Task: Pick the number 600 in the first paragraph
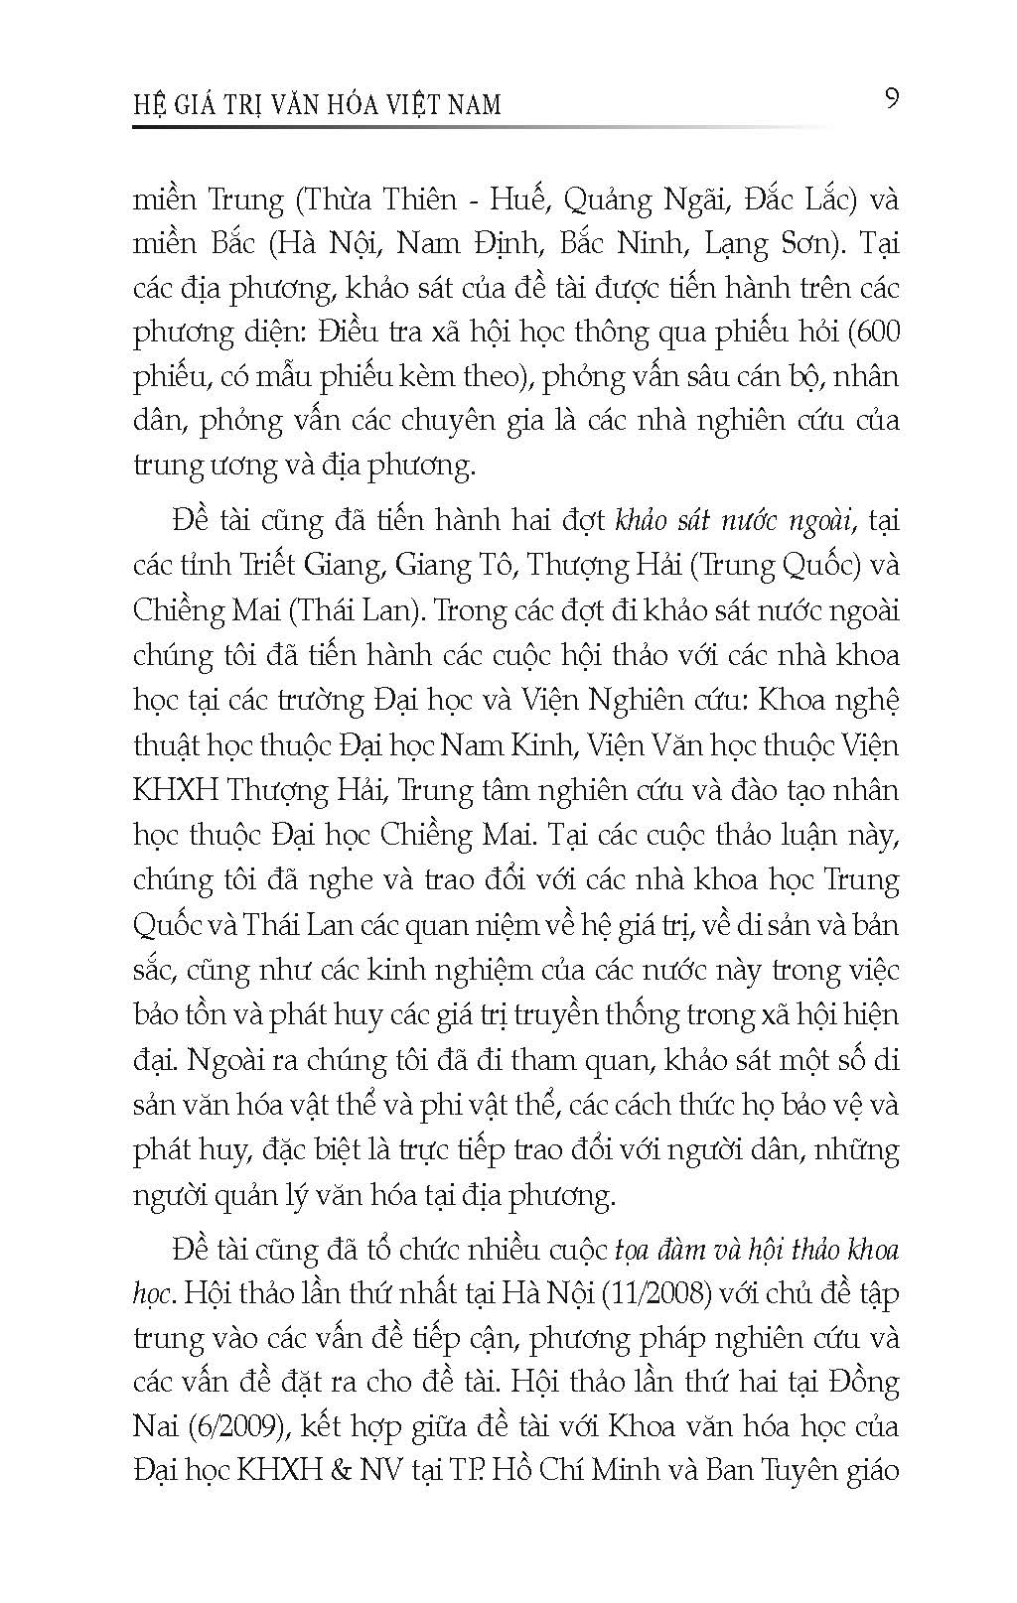point(878,333)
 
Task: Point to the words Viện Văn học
point(621,745)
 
